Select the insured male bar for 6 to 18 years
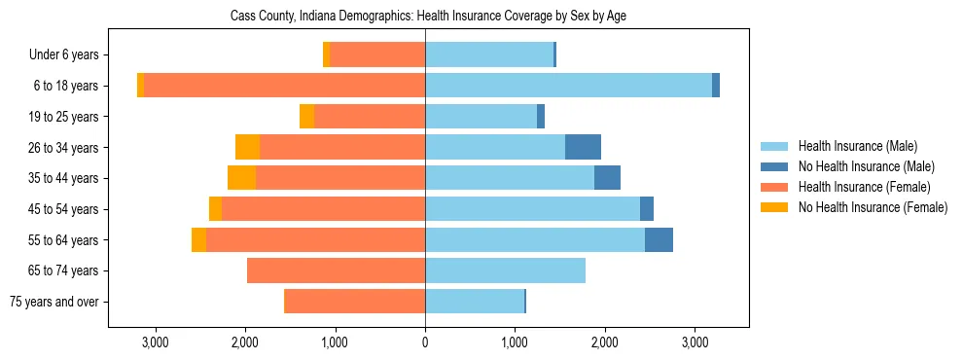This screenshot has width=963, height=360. coord(568,86)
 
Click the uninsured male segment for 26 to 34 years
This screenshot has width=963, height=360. coord(583,147)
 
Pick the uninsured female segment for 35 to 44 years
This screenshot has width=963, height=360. coord(241,178)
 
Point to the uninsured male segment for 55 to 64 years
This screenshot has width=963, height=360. coord(659,239)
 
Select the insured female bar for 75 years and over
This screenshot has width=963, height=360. coord(354,302)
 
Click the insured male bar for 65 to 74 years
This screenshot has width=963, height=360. coord(505,270)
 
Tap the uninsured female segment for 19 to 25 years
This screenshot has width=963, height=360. coord(306,117)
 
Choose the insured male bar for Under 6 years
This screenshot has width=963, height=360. coord(488,54)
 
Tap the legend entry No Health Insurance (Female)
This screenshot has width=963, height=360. coord(873,207)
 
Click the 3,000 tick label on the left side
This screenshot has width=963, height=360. coord(156,343)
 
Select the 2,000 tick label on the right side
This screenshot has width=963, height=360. coord(604,343)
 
